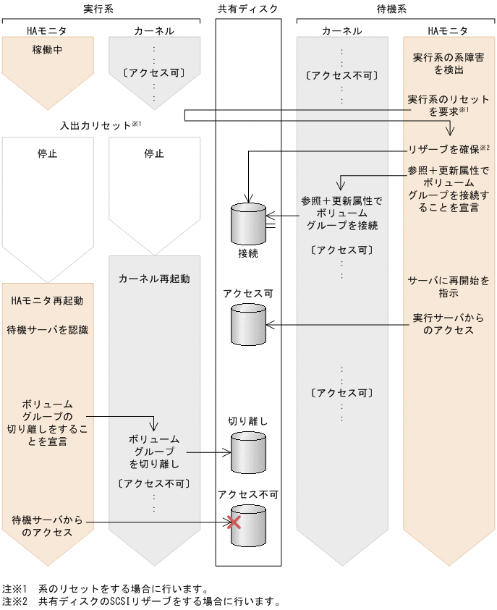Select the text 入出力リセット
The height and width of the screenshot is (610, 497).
[95, 125]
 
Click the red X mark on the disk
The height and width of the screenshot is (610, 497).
[234, 522]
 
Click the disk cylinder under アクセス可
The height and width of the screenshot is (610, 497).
[248, 323]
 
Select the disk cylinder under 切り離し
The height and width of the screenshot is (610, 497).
[248, 452]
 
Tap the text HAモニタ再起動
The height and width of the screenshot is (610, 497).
[47, 300]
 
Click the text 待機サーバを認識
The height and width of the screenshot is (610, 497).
[47, 330]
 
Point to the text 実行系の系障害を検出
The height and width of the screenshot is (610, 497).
[443, 64]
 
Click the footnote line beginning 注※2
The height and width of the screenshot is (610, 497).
[141, 601]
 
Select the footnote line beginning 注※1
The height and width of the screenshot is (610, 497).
[105, 588]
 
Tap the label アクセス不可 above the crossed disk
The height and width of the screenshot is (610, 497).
[248, 494]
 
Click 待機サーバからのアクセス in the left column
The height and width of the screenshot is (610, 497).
[47, 526]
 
